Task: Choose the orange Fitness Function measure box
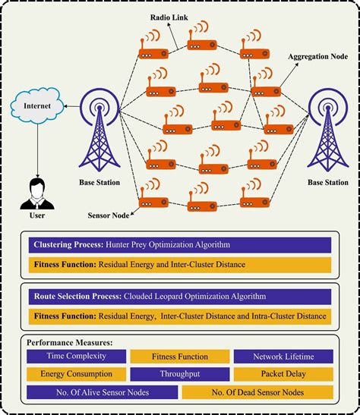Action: coord(179,356)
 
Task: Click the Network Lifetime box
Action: coord(283,356)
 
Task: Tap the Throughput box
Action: coord(179,373)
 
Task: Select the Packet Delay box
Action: coord(283,373)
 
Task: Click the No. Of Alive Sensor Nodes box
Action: coord(102,391)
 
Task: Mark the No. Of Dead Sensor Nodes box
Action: coord(257,391)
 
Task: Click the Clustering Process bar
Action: coord(179,245)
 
